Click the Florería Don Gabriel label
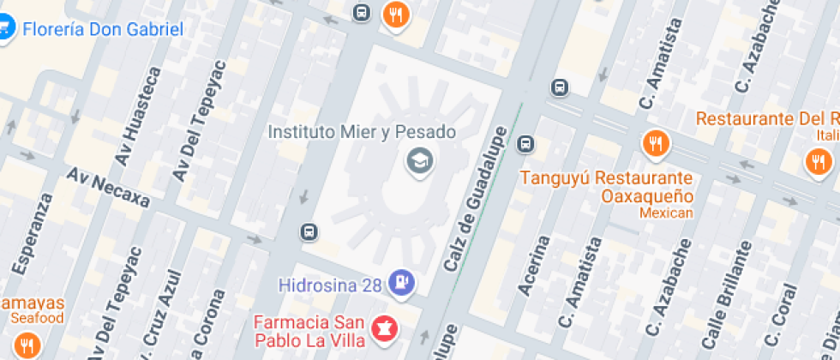click(103, 30)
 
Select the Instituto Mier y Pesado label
click(362, 132)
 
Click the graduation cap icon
click(419, 160)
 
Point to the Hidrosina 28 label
click(330, 284)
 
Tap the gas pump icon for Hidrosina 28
click(400, 281)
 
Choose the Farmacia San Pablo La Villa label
click(310, 332)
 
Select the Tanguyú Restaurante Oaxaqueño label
click(607, 187)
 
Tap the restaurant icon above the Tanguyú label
click(656, 142)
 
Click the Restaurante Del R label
click(767, 118)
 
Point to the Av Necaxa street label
click(108, 188)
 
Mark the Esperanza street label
click(32, 234)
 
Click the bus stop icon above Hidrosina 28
click(308, 232)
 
